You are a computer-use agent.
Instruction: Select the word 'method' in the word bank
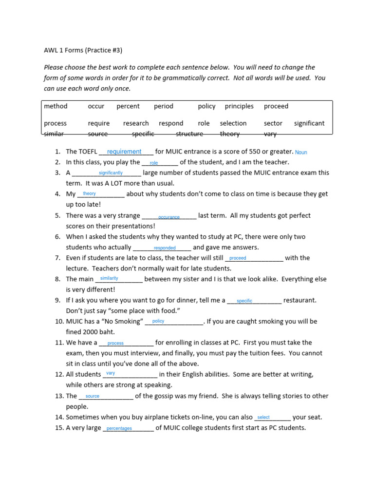coord(56,106)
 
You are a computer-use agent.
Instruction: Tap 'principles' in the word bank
coord(239,106)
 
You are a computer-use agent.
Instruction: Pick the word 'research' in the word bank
coord(136,123)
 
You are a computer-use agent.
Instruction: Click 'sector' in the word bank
coord(273,123)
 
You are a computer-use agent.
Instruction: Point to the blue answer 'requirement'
coord(124,152)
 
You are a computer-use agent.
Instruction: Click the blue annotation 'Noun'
coord(301,153)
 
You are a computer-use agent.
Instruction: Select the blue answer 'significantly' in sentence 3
coord(111,173)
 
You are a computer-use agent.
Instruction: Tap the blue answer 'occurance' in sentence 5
coord(168,217)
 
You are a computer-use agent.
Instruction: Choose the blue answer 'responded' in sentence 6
coord(165,248)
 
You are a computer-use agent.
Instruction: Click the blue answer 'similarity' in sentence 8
coord(109,278)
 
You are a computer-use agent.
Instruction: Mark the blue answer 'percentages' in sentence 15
coord(119,429)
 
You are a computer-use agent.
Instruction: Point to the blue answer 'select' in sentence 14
coord(263,418)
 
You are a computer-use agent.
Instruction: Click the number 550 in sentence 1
coord(258,152)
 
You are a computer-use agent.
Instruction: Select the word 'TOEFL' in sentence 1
coord(88,152)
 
